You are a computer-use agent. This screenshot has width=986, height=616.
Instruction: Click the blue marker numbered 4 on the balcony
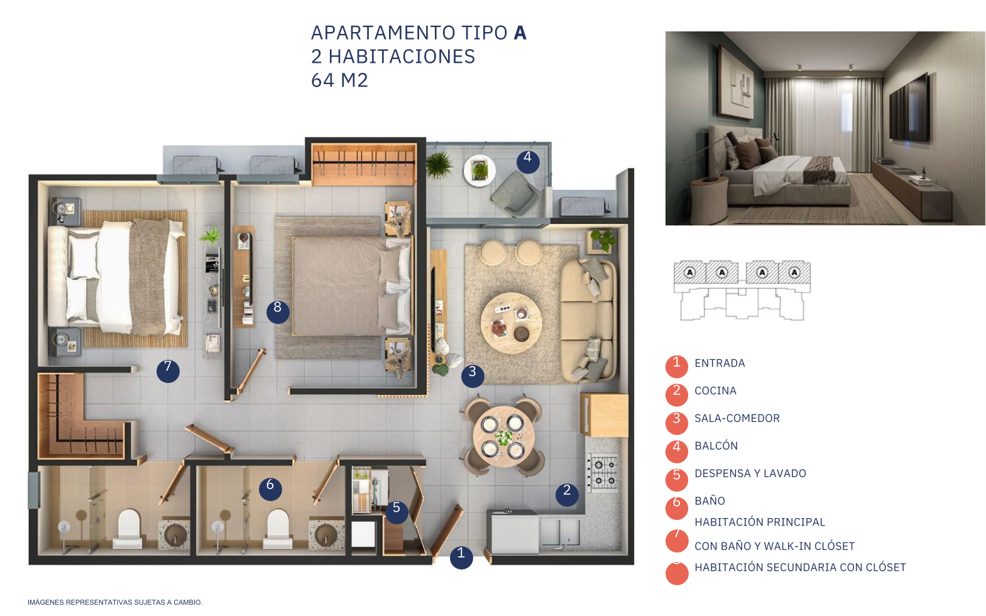pos(528,162)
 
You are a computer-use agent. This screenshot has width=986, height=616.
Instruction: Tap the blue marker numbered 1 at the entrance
pos(461,558)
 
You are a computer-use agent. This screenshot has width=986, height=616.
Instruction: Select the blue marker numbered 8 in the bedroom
pos(278,312)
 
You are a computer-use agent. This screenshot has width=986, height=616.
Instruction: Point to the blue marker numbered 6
pos(270,489)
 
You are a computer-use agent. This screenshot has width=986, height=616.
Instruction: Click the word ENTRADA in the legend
pos(720,363)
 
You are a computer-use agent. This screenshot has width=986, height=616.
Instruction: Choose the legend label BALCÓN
pos(716,445)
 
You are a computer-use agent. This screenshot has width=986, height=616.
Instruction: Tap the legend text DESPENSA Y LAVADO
pos(750,473)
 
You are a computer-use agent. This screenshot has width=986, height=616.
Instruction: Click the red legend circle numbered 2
pos(677,394)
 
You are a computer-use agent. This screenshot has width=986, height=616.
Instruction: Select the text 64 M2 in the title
pos(339,80)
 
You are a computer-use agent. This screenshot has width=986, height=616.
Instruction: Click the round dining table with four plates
pos(503,436)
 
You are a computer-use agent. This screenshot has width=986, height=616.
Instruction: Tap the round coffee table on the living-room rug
pos(511,323)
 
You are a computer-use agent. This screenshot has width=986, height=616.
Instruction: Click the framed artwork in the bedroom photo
pos(736,84)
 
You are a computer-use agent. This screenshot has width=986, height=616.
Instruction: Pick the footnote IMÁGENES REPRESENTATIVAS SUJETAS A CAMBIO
pos(115,602)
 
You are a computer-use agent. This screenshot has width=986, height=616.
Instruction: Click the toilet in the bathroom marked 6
pos(278,529)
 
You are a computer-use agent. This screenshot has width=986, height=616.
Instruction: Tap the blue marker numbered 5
pos(397,512)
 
